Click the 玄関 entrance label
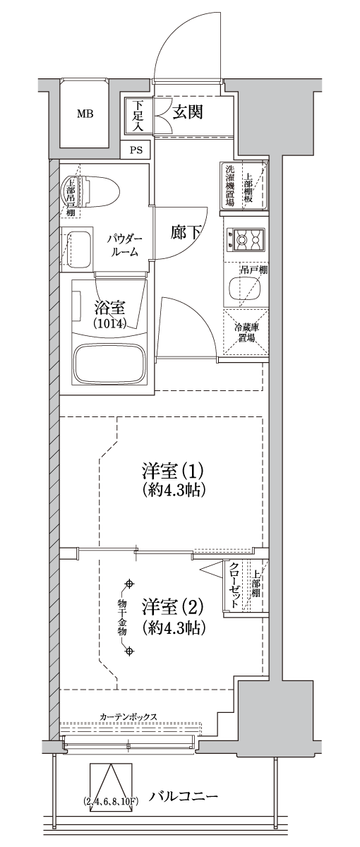[187, 111]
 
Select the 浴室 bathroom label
[109, 308]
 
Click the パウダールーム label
[126, 245]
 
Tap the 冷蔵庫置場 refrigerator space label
[245, 332]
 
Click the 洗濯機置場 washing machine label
[230, 186]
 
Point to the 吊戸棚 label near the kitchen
[253, 270]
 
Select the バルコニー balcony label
[183, 797]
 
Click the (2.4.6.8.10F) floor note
[112, 800]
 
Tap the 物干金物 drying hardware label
[121, 618]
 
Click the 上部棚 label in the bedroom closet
[256, 584]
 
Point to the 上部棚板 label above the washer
[249, 187]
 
